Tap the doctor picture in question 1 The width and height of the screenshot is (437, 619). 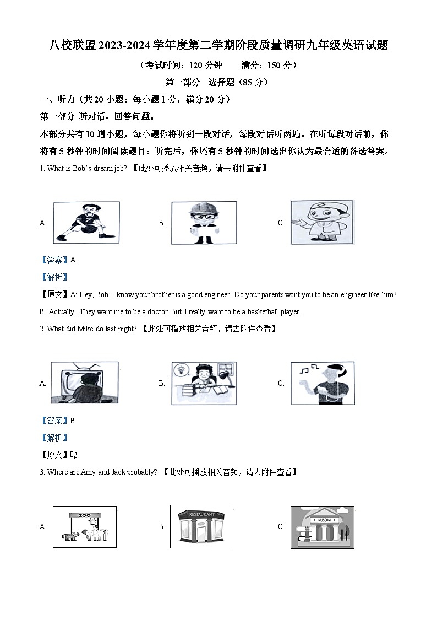click(x=323, y=222)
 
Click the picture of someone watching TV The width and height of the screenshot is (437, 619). click(x=85, y=383)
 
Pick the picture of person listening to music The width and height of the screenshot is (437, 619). click(x=323, y=383)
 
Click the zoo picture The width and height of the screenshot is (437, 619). click(x=85, y=526)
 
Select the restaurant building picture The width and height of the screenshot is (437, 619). click(x=201, y=526)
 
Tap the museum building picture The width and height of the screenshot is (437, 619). click(x=323, y=526)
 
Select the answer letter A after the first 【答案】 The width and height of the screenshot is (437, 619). click(x=73, y=260)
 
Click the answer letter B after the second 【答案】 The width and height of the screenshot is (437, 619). click(x=73, y=421)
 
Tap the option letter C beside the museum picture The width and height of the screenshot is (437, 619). click(x=281, y=526)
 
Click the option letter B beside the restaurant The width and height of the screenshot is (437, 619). click(x=162, y=526)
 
